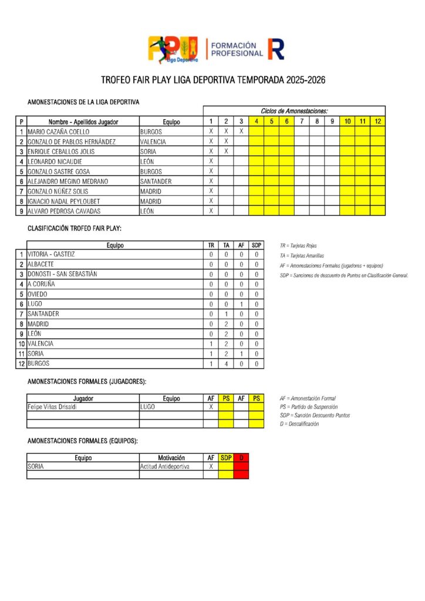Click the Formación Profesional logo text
(x=237, y=49)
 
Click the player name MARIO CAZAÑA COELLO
(x=59, y=131)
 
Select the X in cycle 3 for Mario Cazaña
(x=241, y=131)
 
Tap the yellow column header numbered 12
(x=377, y=121)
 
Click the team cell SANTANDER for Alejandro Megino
(x=156, y=181)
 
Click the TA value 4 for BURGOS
(x=226, y=364)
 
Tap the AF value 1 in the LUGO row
(x=241, y=304)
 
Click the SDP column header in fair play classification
(x=256, y=245)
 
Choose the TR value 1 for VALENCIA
(x=211, y=344)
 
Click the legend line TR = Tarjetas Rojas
(x=298, y=246)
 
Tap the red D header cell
(x=241, y=457)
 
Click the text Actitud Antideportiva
(x=165, y=467)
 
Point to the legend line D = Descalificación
(x=299, y=424)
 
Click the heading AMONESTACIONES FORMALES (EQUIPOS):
(x=82, y=441)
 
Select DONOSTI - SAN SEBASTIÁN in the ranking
(x=62, y=274)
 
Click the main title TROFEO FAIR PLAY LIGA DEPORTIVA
(x=212, y=80)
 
